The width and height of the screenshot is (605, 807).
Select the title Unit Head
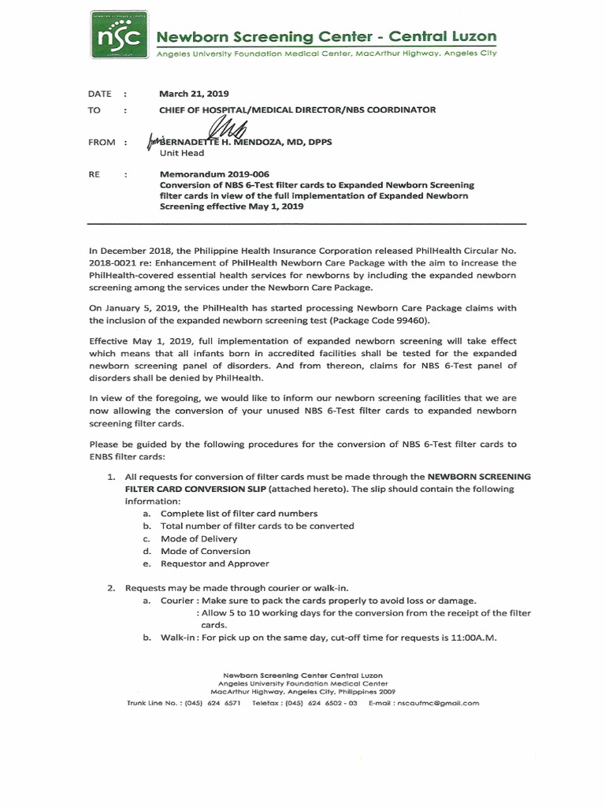click(x=182, y=154)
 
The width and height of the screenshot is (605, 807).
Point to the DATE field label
click(x=100, y=94)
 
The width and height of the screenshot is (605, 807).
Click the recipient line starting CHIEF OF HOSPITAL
click(x=297, y=110)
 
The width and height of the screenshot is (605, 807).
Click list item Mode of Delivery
click(x=199, y=538)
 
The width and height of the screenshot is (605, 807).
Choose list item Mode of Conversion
click(x=205, y=551)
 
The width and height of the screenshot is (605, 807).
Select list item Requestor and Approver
click(x=214, y=563)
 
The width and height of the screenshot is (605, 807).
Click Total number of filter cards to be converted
click(x=257, y=526)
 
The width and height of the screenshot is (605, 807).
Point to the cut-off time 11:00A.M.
click(x=470, y=638)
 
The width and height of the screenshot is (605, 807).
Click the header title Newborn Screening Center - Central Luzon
click(x=325, y=36)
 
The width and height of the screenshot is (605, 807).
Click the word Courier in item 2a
click(x=176, y=600)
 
